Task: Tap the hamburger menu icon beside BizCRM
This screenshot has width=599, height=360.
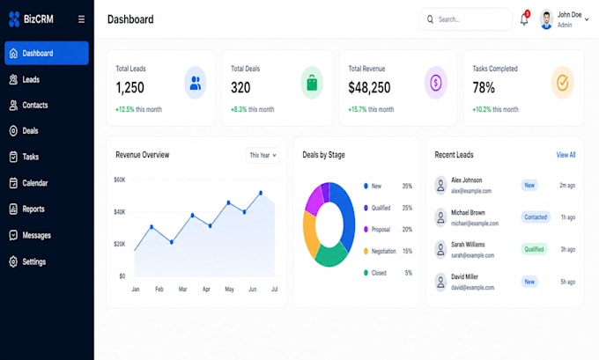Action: pos(81,19)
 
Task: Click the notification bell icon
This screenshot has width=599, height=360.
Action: pos(524,19)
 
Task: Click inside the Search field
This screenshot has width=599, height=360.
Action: pos(466,19)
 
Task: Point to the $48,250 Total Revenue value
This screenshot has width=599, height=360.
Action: pos(369,87)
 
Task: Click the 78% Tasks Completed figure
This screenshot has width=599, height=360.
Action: pos(484,87)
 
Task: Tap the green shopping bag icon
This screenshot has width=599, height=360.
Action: pos(312,83)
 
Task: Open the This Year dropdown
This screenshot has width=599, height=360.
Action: pos(263,155)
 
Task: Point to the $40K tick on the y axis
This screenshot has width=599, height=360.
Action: pos(119,211)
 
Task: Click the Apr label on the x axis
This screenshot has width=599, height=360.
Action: pos(206,289)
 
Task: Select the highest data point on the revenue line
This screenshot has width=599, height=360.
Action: pos(261,193)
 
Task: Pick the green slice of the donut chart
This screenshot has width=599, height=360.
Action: pos(331,255)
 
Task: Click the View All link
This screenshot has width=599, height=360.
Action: pos(566,155)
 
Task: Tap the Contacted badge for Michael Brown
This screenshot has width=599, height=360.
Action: pos(536,217)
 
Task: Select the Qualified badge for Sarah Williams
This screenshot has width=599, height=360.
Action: pos(534,249)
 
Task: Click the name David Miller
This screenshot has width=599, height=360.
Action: pos(464,276)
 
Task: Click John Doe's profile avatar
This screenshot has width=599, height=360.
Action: pos(546,19)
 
